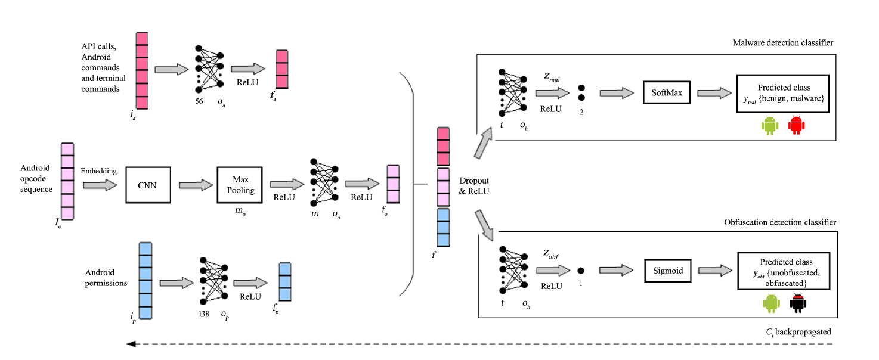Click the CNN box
click(x=148, y=185)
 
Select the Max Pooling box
click(x=240, y=185)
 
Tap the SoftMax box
click(x=666, y=92)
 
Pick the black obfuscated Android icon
click(x=797, y=304)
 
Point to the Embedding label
click(x=99, y=171)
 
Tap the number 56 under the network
click(x=199, y=101)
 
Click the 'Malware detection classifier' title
click(x=783, y=43)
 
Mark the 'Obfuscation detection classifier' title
click(x=779, y=222)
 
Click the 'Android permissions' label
click(x=106, y=278)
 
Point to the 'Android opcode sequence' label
click(x=36, y=179)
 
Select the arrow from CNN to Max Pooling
click(x=194, y=185)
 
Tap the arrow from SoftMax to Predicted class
click(x=714, y=92)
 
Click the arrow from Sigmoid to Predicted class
click(x=715, y=271)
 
